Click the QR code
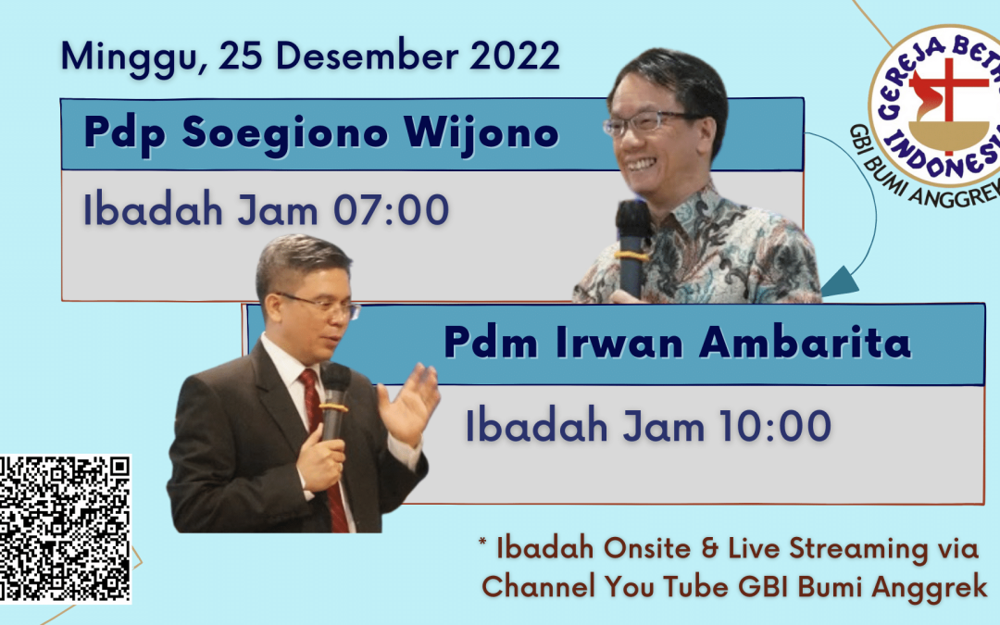pyautogui.click(x=65, y=529)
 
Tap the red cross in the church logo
pyautogui.click(x=948, y=94)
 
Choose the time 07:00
pyautogui.click(x=392, y=210)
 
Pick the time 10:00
pyautogui.click(x=775, y=426)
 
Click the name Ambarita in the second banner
pyautogui.click(x=805, y=342)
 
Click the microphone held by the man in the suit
pyautogui.click(x=333, y=401)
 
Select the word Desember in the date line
pyautogui.click(x=367, y=56)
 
